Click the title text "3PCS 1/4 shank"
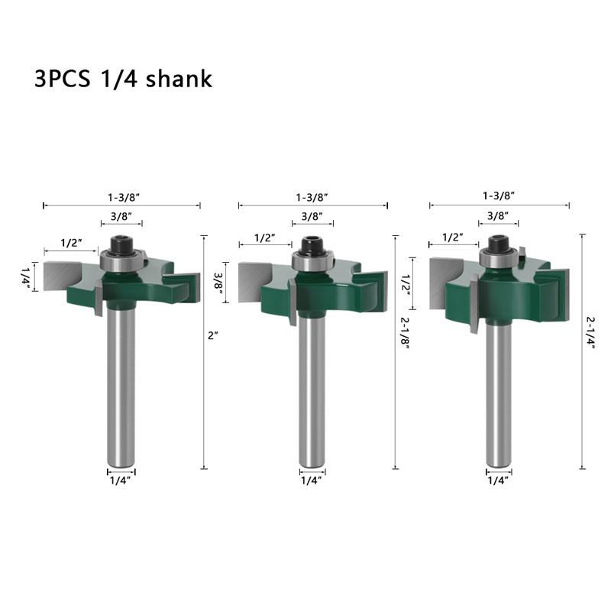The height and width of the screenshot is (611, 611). (x=123, y=79)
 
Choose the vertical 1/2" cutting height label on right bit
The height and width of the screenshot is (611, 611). (x=406, y=284)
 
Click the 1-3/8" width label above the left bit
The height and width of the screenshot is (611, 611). (x=122, y=197)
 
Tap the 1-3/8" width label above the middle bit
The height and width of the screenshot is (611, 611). (x=312, y=197)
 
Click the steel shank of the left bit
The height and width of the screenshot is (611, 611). (x=121, y=382)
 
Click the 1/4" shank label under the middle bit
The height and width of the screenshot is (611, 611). (x=311, y=480)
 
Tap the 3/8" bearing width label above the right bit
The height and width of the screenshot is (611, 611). (x=499, y=215)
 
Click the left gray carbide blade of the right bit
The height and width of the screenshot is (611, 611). (x=447, y=283)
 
